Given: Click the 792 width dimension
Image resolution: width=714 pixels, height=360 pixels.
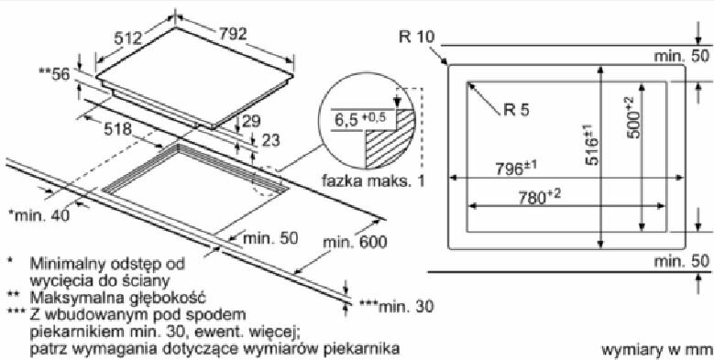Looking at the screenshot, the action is (x=233, y=35).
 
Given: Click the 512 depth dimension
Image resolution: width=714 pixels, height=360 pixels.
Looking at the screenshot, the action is (x=128, y=38).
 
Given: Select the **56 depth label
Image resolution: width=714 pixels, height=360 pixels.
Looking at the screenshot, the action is (x=55, y=73).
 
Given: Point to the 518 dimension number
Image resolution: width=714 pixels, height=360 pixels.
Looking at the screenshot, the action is (x=117, y=129).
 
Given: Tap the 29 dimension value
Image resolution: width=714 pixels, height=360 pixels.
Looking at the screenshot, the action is (x=251, y=121).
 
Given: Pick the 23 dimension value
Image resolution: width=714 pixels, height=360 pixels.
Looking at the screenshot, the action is (x=271, y=140).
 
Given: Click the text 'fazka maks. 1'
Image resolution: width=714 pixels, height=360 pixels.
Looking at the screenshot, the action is (x=373, y=181).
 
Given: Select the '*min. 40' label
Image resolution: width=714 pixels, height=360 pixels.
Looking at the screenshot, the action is (x=39, y=215).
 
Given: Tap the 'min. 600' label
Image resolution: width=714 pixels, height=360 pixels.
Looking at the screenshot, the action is (x=356, y=242).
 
